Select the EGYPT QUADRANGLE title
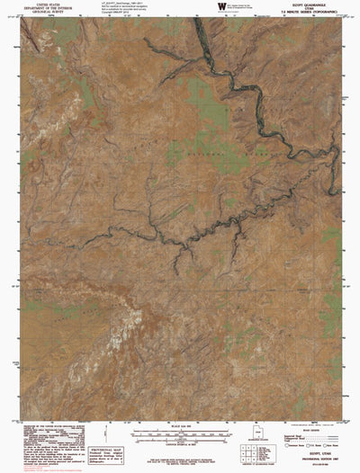pos(306,4)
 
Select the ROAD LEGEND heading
pos(307,425)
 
